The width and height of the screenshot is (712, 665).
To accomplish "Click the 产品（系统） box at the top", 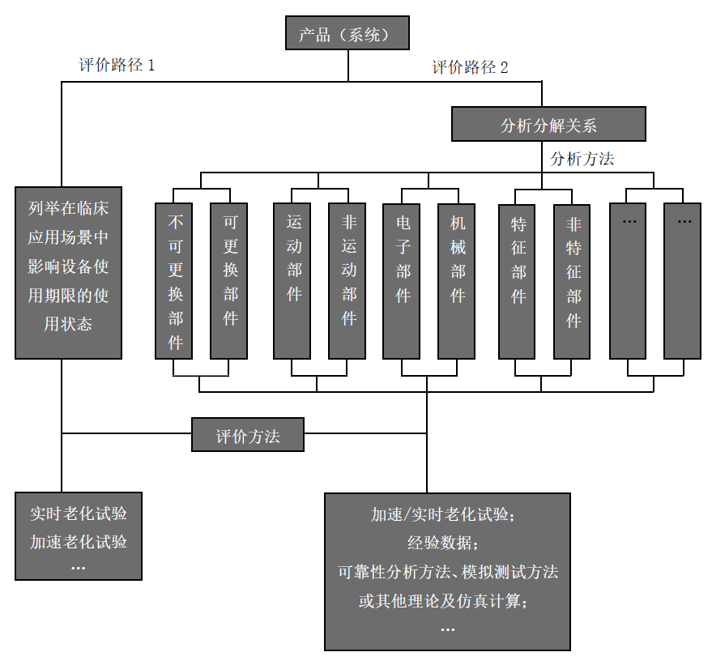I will (347, 34).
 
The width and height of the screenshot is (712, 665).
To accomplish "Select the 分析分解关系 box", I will (548, 125).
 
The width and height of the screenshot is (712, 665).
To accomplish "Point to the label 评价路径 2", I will (470, 68).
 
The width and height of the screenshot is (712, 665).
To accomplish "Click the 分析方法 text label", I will (582, 159).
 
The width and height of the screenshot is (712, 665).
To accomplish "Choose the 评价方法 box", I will (248, 435).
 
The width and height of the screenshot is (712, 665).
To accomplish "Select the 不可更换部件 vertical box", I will (174, 280).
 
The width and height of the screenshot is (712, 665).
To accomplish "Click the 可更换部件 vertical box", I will (229, 280).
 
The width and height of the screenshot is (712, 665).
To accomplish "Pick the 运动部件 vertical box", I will (292, 280).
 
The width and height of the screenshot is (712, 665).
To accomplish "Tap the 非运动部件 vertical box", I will (347, 280).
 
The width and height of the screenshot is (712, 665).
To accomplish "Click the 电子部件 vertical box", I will (402, 280).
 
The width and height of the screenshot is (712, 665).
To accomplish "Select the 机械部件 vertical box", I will (457, 280).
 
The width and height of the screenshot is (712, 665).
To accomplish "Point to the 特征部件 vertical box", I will (517, 280).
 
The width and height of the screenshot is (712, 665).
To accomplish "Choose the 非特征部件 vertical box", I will (572, 280).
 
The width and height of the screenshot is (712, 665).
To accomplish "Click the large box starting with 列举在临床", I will (69, 272).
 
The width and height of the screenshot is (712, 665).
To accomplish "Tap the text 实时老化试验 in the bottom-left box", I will (79, 514).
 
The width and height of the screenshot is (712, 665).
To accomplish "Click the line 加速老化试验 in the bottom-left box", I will (79, 541).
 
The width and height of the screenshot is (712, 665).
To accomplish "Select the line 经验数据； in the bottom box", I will (448, 543).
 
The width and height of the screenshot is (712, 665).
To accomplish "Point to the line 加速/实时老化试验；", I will (448, 514).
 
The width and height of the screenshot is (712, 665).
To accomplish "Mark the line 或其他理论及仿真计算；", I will (448, 600).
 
